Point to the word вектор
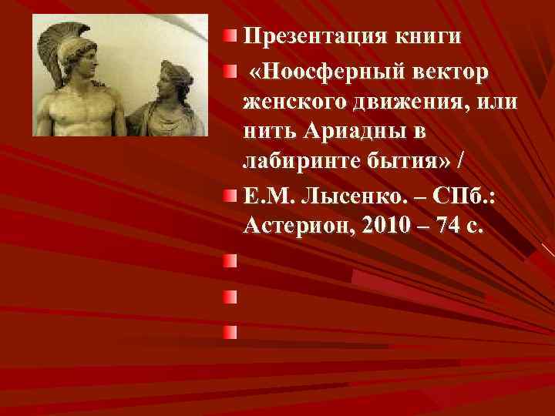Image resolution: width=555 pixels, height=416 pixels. (x=451, y=72)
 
